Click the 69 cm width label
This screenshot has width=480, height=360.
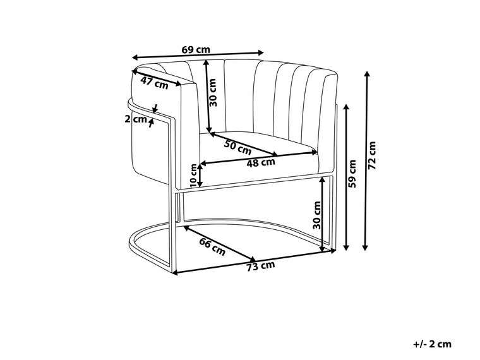click(195, 49)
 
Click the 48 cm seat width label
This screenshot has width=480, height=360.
click(260, 162)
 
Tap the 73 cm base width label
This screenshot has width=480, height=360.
click(260, 266)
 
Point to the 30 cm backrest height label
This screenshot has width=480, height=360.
click(213, 93)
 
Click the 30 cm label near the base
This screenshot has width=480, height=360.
click(317, 214)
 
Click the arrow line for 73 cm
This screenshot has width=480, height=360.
click(253, 263)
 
